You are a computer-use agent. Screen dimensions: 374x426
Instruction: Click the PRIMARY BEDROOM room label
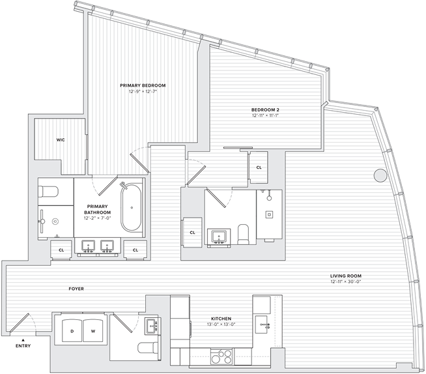[143, 85]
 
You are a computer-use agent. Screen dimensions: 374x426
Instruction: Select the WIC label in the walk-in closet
[61, 139]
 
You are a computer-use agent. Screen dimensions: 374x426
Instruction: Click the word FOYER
[76, 289]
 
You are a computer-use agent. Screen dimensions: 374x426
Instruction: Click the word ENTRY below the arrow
[23, 347]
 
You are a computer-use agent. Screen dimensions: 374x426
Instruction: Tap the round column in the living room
[379, 175]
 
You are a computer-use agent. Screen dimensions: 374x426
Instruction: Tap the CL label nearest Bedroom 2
[259, 167]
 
